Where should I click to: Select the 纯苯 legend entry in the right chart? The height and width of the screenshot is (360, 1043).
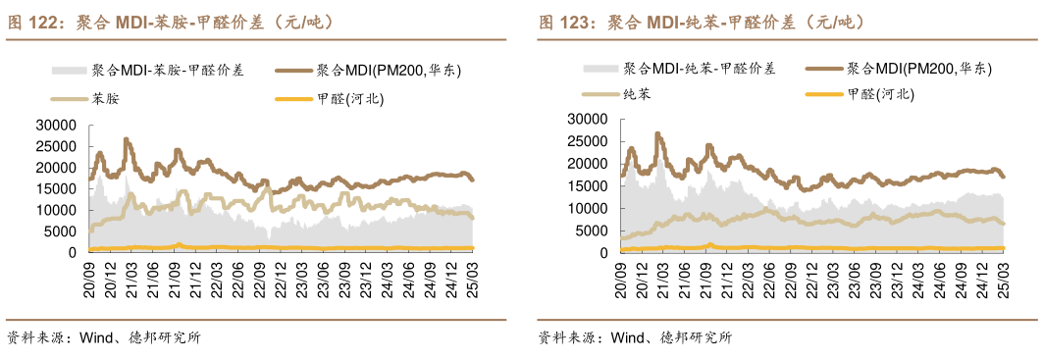[x=636, y=94]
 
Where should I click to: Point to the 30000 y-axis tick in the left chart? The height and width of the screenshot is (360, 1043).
[x=56, y=125]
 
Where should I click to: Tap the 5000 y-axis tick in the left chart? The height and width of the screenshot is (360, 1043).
[x=60, y=231]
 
